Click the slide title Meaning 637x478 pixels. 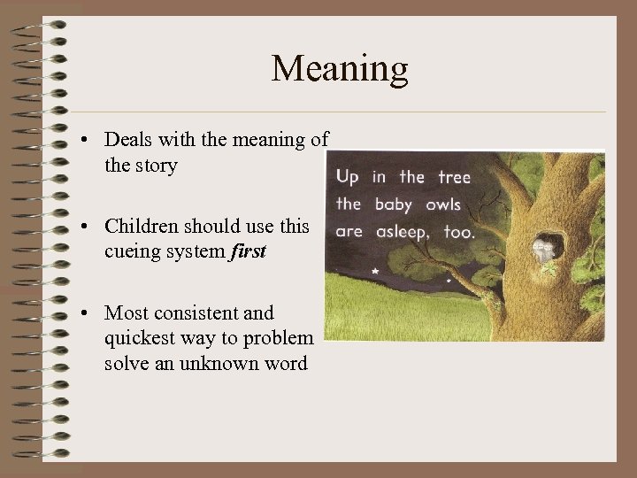pyautogui.click(x=340, y=69)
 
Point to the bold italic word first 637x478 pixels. pyautogui.click(x=248, y=252)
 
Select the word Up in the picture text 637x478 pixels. pyautogui.click(x=348, y=177)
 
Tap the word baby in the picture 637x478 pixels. pyautogui.click(x=394, y=204)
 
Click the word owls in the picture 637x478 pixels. pyautogui.click(x=442, y=204)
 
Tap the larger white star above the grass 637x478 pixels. pyautogui.click(x=375, y=269)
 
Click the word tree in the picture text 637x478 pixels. pyautogui.click(x=454, y=177)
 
